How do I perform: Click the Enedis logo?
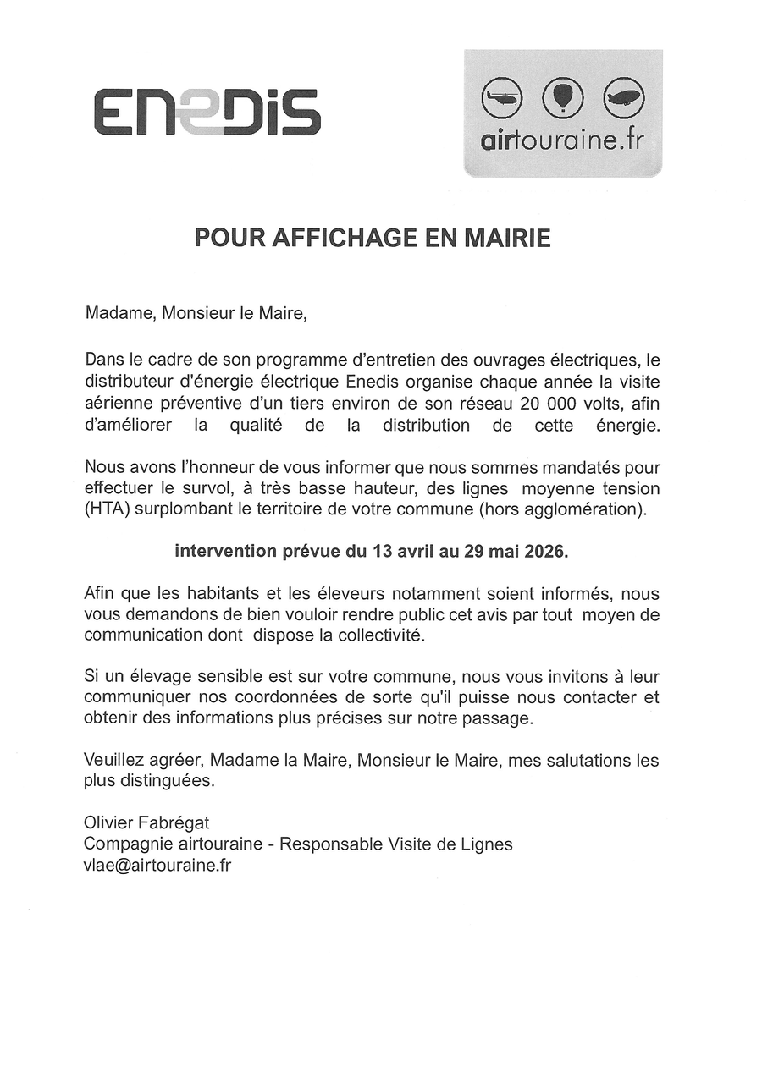[207, 112]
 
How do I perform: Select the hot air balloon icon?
[562, 96]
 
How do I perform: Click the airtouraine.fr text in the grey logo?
[562, 140]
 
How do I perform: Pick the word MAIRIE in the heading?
[505, 239]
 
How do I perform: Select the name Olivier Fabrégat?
[146, 822]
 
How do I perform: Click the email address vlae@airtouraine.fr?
[157, 865]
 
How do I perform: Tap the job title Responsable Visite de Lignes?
[396, 844]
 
